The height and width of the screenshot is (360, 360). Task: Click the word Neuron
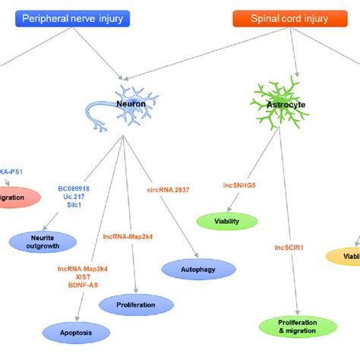(x=131, y=102)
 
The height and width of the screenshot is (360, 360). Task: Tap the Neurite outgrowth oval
(x=43, y=242)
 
